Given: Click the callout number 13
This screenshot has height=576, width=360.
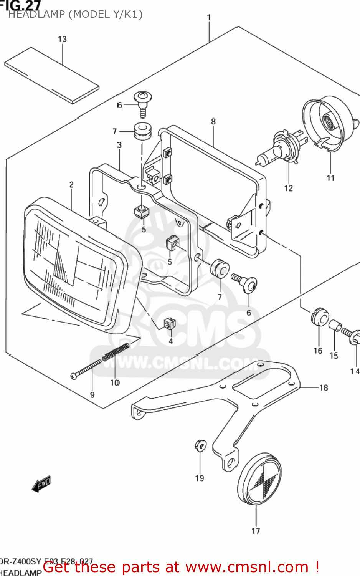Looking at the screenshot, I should (x=62, y=39).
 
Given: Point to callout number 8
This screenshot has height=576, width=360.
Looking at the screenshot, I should (x=213, y=121).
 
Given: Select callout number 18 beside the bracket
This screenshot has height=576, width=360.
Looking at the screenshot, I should (x=324, y=388).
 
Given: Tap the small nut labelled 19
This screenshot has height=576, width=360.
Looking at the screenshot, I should (x=200, y=445).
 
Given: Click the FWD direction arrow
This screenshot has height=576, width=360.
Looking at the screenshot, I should (x=41, y=484).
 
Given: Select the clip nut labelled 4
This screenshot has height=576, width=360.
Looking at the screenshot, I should (x=169, y=324).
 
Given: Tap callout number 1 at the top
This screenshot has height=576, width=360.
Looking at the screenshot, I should (x=209, y=18).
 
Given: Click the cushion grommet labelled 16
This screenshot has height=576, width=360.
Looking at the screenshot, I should (x=319, y=316).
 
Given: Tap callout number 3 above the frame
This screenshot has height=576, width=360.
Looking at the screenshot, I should (x=119, y=145).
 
